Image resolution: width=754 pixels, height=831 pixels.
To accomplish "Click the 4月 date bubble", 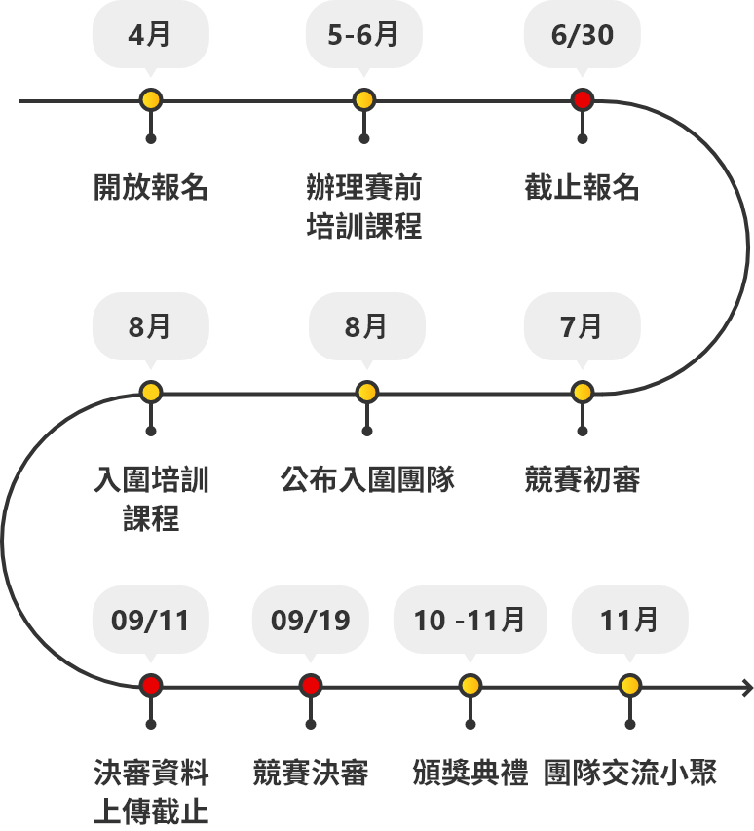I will [x=150, y=35].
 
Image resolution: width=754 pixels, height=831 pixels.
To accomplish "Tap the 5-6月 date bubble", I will [x=363, y=35].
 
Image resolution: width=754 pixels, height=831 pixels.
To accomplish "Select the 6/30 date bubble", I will [x=582, y=35].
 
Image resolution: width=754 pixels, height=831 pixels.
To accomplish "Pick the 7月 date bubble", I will [x=582, y=327].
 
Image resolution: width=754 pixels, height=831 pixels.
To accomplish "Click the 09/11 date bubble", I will [x=150, y=621].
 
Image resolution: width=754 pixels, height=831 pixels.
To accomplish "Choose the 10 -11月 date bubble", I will [x=470, y=621].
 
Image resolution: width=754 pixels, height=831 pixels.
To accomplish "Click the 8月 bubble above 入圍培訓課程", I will [x=150, y=327].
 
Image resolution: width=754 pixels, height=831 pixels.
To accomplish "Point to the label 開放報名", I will [x=150, y=187].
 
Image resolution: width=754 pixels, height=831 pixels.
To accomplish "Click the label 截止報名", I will [x=582, y=187].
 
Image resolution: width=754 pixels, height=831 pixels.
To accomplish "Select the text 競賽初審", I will [x=582, y=479].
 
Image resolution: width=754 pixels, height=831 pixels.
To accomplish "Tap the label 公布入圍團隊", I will [x=367, y=479].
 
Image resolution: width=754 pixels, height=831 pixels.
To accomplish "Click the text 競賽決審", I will [x=310, y=774].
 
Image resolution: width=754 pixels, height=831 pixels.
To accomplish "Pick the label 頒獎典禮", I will [x=470, y=774].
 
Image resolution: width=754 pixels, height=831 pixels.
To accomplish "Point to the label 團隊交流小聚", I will [x=629, y=774].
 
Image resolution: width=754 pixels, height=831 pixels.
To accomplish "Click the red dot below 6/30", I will [x=582, y=100].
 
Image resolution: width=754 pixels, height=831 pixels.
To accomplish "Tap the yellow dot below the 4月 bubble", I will [x=150, y=100].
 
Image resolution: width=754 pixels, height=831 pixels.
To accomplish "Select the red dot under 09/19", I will [x=310, y=686].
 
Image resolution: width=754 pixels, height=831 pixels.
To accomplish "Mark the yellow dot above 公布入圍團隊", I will [x=367, y=393].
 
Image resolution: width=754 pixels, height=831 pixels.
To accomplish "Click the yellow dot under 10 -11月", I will [x=470, y=686].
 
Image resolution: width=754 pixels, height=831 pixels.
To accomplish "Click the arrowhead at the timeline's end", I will [x=747, y=686].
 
